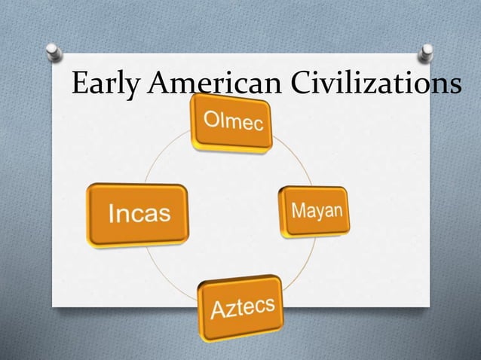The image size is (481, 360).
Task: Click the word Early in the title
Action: (106, 84)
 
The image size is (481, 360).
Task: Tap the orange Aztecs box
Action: (241, 307)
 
